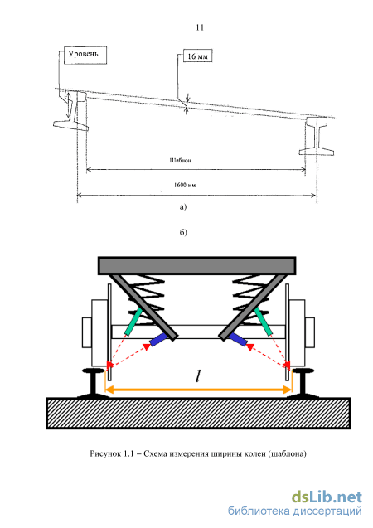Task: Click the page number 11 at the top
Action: click(x=200, y=27)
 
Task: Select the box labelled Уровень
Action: click(x=85, y=56)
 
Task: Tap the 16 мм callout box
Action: click(x=197, y=56)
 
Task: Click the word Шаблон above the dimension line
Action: click(x=180, y=160)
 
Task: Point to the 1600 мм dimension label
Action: click(x=185, y=185)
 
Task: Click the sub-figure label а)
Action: click(x=183, y=206)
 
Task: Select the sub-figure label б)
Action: click(x=183, y=232)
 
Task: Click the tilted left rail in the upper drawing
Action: click(x=74, y=111)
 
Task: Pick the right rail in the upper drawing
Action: click(x=317, y=137)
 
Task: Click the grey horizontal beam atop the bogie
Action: click(x=197, y=265)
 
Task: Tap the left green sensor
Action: click(x=133, y=322)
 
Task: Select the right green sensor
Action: click(x=264, y=322)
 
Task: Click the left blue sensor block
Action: click(x=158, y=340)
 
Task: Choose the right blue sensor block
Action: click(x=238, y=339)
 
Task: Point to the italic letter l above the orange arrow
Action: click(x=198, y=375)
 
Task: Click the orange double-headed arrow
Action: click(x=198, y=390)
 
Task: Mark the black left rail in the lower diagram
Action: click(x=93, y=384)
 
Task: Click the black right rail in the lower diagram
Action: click(x=303, y=383)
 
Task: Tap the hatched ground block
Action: click(x=198, y=413)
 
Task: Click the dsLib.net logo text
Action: click(x=327, y=497)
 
